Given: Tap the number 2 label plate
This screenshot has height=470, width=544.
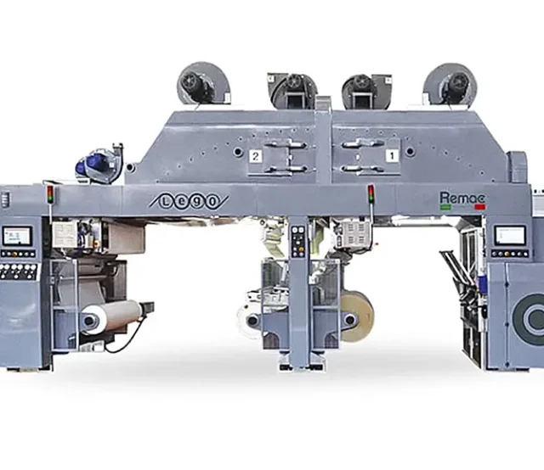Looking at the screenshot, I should (x=255, y=156).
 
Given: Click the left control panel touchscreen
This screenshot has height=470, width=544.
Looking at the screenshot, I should (x=16, y=235).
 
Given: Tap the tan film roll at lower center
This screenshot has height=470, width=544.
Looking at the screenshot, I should (x=357, y=316).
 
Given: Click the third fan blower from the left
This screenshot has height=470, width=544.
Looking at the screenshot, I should (x=355, y=87).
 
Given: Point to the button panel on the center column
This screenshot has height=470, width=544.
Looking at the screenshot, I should (x=297, y=240).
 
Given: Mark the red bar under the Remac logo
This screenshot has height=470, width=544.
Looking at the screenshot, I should (x=479, y=207).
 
